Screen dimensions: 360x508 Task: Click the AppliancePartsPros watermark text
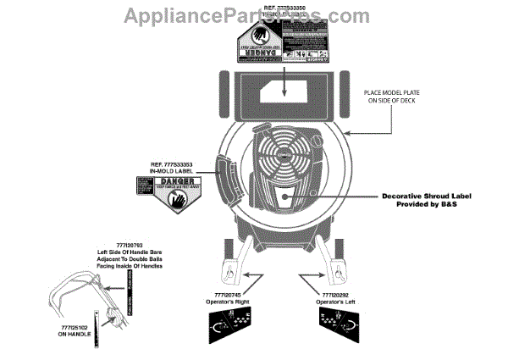coord(254,15)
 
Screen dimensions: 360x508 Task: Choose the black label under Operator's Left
coord(343,324)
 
